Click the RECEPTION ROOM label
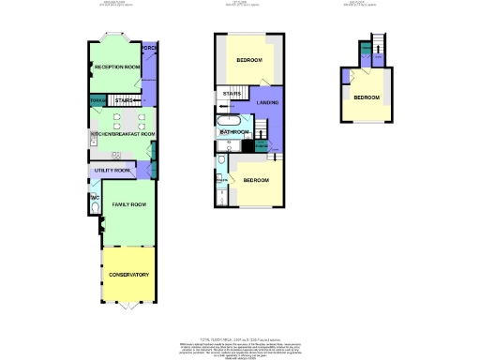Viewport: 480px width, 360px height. pos(117,67)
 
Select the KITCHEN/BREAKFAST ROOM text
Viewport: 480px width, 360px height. pos(122,135)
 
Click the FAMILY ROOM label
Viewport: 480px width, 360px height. pos(128,203)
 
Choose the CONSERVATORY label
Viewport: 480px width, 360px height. pos(128,275)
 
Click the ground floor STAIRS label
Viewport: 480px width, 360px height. pos(125,98)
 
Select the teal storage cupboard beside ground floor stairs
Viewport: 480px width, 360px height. pos(97,99)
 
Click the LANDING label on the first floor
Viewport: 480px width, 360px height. pos(268,102)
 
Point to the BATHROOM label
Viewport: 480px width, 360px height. pos(234,133)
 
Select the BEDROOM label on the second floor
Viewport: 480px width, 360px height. pos(367,97)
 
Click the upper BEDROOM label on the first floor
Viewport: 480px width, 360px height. pos(248,61)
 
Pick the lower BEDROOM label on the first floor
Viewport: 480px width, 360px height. pos(256,179)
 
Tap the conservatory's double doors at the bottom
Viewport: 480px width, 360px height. pos(128,306)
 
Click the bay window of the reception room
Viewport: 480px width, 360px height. pos(115,38)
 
